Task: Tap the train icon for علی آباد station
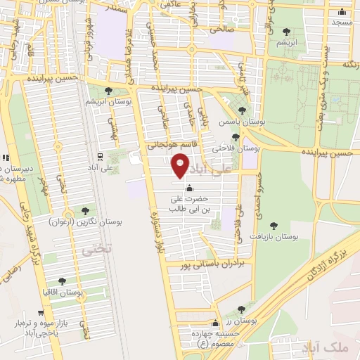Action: click(101, 157)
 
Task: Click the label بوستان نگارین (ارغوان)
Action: click(86, 221)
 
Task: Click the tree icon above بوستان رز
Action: click(241, 309)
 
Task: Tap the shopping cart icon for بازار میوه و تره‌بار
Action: click(42, 313)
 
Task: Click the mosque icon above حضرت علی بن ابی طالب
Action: click(188, 188)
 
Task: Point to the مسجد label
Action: click(342, 22)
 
